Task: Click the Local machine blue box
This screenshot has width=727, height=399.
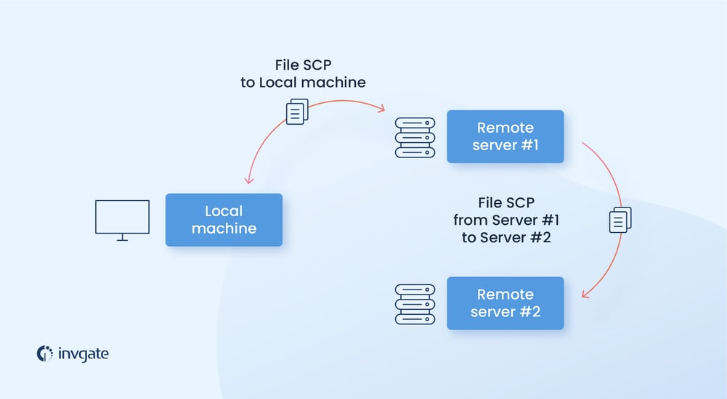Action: point(224,220)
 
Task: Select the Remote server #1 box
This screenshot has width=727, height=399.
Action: point(505,136)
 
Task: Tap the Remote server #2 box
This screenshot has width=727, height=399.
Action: point(505,303)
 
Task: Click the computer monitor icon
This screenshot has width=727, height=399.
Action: point(122,218)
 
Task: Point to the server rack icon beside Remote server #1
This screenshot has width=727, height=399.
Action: point(415,138)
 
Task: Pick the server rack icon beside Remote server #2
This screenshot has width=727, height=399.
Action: point(415,304)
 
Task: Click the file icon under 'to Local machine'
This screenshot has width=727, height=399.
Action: point(296,112)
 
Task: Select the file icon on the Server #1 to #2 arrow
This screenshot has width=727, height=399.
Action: point(620,220)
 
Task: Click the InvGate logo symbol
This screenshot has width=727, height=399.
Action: point(45,353)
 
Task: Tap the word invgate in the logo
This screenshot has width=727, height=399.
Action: point(84,354)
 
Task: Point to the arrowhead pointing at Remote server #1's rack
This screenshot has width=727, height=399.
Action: point(381,110)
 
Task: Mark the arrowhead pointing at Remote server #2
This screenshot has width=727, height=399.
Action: point(585,295)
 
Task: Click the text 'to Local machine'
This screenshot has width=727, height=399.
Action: point(303,83)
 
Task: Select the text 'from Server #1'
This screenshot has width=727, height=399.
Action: point(506,220)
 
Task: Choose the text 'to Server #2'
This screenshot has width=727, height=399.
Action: point(506,237)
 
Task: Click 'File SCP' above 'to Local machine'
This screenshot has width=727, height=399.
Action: point(303,65)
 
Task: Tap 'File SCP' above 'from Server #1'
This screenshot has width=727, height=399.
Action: point(506,202)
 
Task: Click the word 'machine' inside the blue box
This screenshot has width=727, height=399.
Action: point(224,229)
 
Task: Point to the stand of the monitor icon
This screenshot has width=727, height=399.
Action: point(122,237)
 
